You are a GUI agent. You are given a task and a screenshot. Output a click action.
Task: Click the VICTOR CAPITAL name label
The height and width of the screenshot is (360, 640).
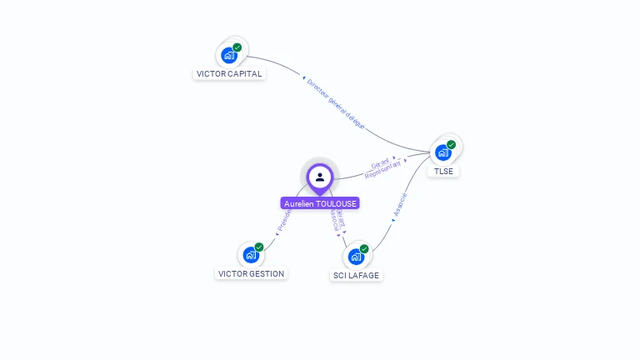229,73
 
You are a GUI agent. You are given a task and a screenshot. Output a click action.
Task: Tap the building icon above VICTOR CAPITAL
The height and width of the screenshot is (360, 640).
229,56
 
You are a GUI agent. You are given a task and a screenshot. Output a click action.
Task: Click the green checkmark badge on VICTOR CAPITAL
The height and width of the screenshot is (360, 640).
237,47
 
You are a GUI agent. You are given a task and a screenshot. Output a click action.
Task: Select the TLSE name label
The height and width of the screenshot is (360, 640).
444,171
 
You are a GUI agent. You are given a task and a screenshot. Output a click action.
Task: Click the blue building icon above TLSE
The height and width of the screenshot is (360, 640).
443,152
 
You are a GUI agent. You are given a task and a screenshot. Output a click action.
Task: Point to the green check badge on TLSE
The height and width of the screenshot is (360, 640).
452,144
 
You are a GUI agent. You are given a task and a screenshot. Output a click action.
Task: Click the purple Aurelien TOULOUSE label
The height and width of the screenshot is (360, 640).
320,203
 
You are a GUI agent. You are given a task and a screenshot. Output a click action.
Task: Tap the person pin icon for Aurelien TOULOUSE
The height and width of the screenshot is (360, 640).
320,177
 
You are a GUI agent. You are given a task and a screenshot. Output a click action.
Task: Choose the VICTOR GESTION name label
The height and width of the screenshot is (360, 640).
251,273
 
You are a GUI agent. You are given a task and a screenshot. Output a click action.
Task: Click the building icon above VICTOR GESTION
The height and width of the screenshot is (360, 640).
251,255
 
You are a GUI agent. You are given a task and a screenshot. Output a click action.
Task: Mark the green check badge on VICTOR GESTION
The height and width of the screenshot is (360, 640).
259,247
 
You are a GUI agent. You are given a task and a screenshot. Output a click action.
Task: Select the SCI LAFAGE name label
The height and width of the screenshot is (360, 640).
357,275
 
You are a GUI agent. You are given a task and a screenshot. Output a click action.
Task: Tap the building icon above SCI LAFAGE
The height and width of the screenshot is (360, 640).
356,257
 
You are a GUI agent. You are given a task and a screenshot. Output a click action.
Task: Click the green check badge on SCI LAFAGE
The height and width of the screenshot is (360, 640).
364,248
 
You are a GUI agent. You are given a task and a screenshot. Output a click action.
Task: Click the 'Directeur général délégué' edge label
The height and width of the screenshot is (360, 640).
336,103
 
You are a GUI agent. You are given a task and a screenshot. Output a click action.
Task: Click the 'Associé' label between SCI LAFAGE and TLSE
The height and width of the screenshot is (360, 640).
399,205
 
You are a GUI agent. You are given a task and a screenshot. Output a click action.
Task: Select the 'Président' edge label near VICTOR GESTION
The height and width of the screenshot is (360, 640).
284,219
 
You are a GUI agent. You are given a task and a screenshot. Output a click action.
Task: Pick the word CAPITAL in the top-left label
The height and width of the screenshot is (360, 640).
244,73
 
